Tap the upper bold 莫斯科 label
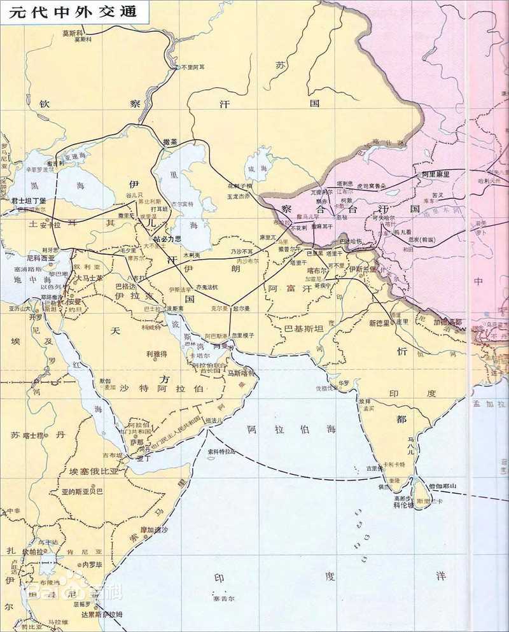click(74, 32)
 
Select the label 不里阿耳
click(193, 67)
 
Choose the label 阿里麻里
click(435, 174)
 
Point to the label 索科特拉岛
click(221, 451)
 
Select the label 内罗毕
click(87, 564)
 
